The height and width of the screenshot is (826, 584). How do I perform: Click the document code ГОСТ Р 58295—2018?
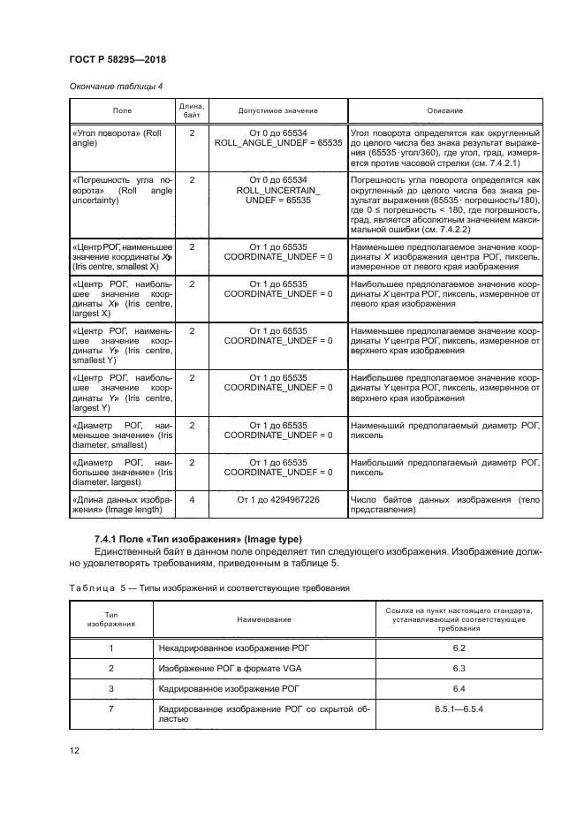point(117,59)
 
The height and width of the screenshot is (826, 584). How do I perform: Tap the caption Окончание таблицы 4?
point(115,86)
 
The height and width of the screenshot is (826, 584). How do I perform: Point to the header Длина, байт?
point(192,110)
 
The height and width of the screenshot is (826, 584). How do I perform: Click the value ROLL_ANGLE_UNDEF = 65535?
point(277,141)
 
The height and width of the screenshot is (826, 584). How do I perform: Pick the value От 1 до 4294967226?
point(277,500)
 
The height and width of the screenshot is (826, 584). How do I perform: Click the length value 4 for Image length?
point(192,500)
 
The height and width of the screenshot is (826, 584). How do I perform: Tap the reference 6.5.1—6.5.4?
point(459,709)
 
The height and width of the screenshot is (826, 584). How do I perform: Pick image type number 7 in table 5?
point(110,709)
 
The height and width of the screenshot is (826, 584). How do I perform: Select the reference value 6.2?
point(459,648)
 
